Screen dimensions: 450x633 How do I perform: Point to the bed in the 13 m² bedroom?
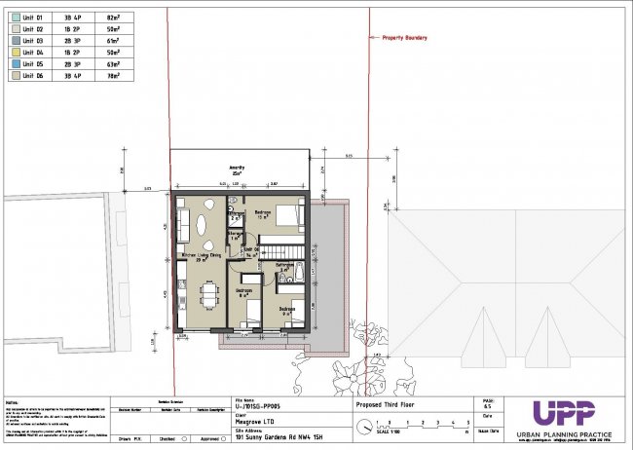[287, 214]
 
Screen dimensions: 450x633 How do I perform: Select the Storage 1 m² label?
[235, 237]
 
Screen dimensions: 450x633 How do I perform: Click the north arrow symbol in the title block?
[364, 425]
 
